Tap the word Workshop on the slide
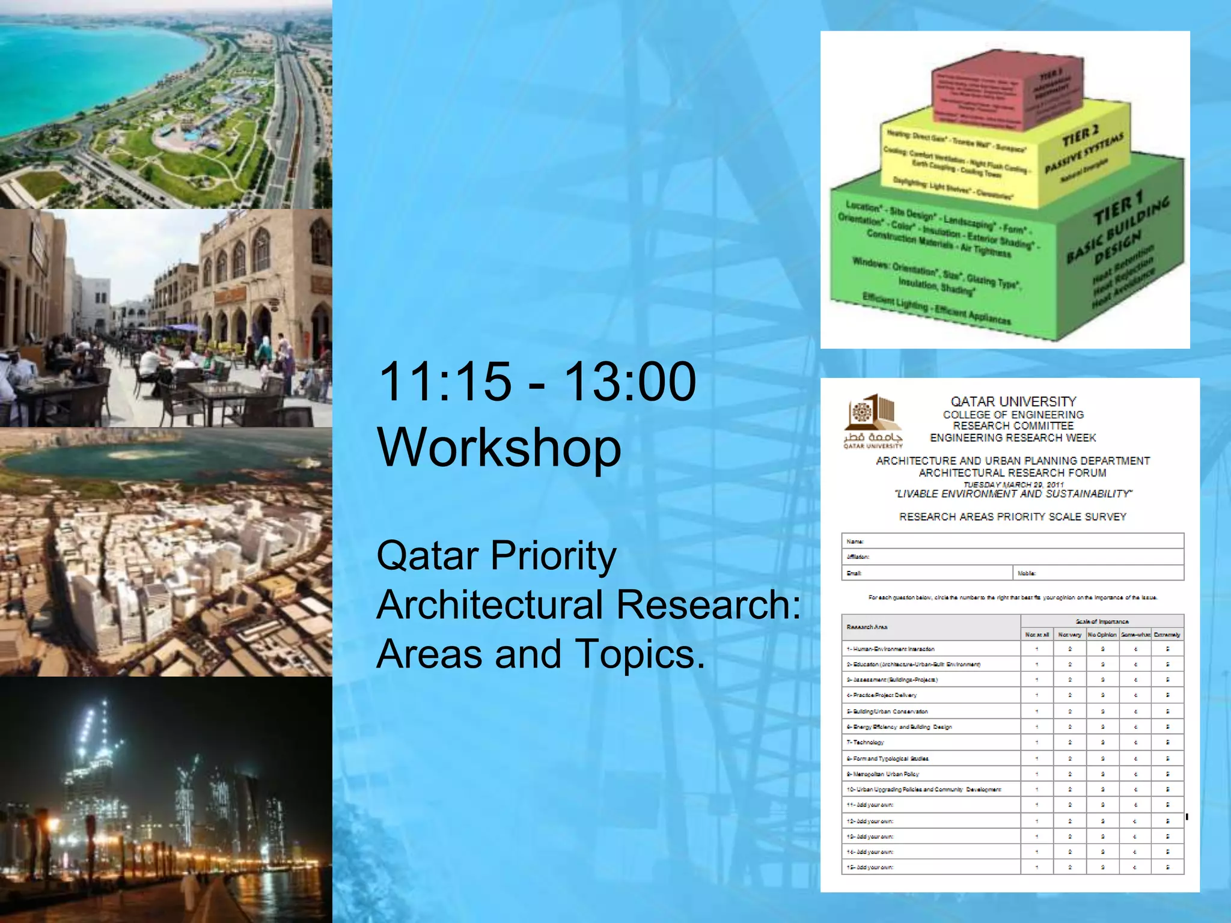(499, 447)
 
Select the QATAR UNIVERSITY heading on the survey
(1013, 401)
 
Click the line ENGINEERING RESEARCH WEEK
(1013, 438)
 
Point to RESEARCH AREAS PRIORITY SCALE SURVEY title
(1013, 517)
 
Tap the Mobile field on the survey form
(1098, 573)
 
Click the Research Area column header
(867, 627)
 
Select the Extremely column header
(1167, 635)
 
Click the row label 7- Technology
(866, 743)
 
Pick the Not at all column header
(1037, 635)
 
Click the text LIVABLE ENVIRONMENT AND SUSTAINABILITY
(1013, 494)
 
